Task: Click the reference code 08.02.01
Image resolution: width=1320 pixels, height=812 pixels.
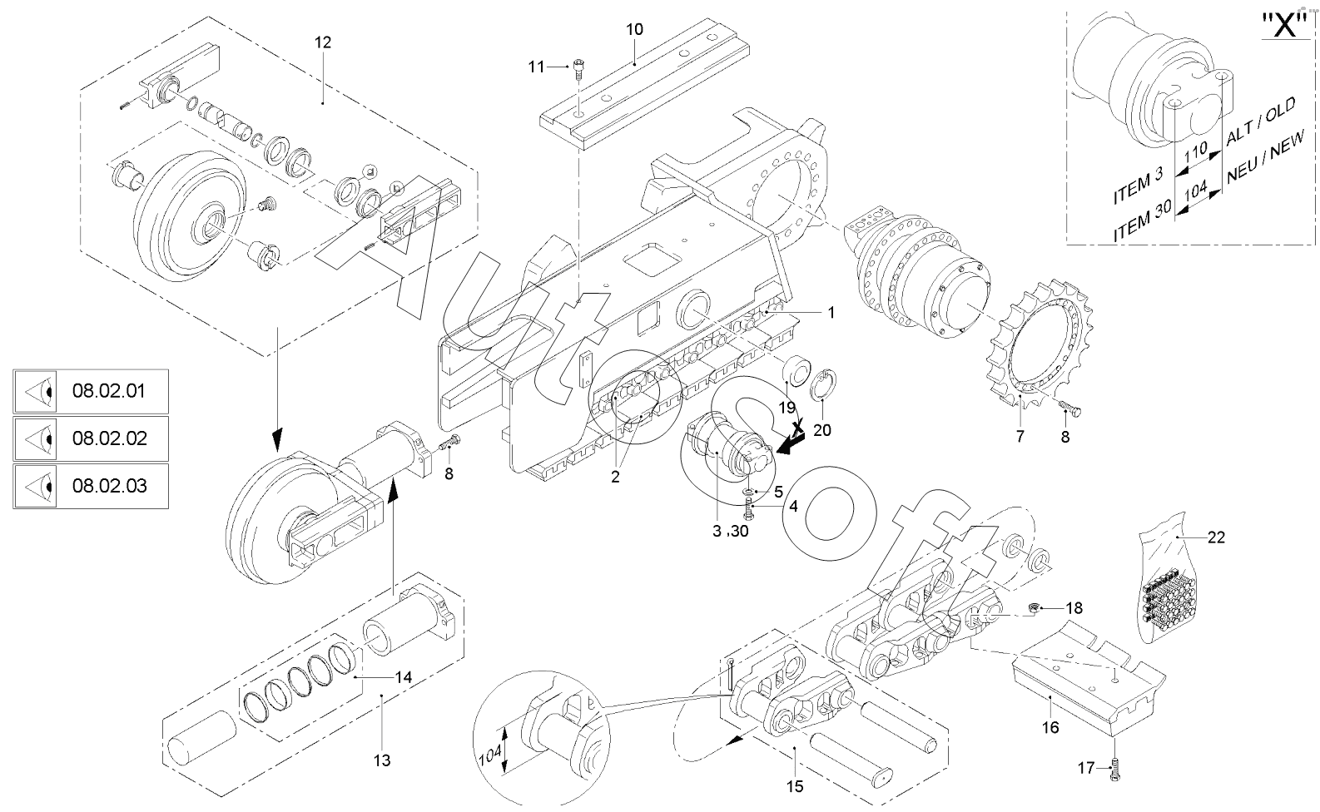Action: click(x=108, y=391)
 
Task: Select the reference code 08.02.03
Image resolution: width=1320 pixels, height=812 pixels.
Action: click(x=109, y=486)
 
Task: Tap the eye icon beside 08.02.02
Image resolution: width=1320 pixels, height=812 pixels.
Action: click(x=35, y=439)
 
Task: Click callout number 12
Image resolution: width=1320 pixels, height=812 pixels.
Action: click(x=323, y=42)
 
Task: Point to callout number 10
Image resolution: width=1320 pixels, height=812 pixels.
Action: click(x=634, y=29)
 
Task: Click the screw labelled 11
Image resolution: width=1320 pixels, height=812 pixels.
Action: click(x=578, y=68)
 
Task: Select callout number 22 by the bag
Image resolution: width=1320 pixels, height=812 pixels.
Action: click(x=1216, y=537)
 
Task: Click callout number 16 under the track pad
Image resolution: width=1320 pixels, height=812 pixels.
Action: click(x=1050, y=728)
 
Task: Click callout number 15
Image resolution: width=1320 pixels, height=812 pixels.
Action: click(x=794, y=787)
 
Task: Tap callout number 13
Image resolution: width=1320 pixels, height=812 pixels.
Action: click(x=382, y=760)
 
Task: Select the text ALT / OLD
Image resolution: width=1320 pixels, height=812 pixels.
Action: click(x=1261, y=122)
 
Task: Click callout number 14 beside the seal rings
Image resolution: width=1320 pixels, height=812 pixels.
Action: click(x=403, y=678)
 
